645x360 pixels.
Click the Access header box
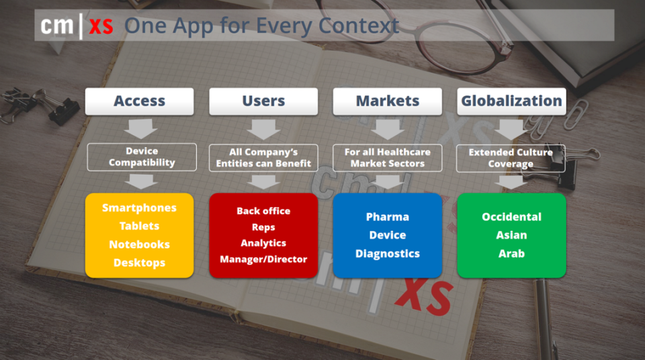pyautogui.click(x=140, y=101)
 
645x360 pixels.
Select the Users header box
pyautogui.click(x=263, y=101)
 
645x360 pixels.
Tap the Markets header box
pyautogui.click(x=388, y=101)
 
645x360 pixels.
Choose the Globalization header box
pyautogui.click(x=511, y=101)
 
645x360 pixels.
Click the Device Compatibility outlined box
pyautogui.click(x=142, y=156)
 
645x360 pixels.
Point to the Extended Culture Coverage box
pyautogui.click(x=511, y=158)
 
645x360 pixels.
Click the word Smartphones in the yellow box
pyautogui.click(x=140, y=208)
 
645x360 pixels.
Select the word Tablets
pyautogui.click(x=140, y=226)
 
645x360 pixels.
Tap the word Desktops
pyautogui.click(x=140, y=263)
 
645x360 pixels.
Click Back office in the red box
pyautogui.click(x=263, y=211)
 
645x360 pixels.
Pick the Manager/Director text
pyautogui.click(x=263, y=259)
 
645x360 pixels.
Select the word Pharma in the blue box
pyautogui.click(x=388, y=217)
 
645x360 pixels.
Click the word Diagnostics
pyautogui.click(x=388, y=254)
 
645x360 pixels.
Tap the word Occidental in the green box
pyautogui.click(x=511, y=217)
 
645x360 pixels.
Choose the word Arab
pyautogui.click(x=511, y=253)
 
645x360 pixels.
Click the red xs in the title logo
pyautogui.click(x=101, y=27)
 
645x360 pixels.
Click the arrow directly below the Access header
pyautogui.click(x=140, y=129)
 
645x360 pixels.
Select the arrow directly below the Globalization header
pyautogui.click(x=511, y=129)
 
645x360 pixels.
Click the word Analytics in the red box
pyautogui.click(x=263, y=243)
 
